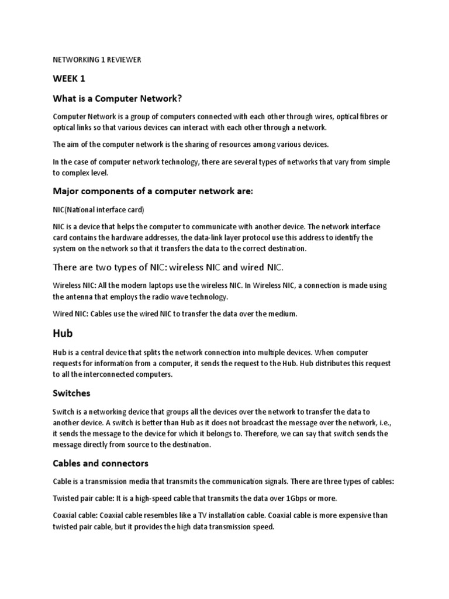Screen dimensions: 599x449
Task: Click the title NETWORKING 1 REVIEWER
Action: click(98, 59)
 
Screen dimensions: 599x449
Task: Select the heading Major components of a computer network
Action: click(153, 191)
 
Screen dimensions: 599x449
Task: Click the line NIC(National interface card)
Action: click(99, 209)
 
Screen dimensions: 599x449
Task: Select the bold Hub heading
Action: click(63, 333)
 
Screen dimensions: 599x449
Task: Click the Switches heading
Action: click(72, 393)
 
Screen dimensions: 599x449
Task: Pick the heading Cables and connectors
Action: click(101, 463)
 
